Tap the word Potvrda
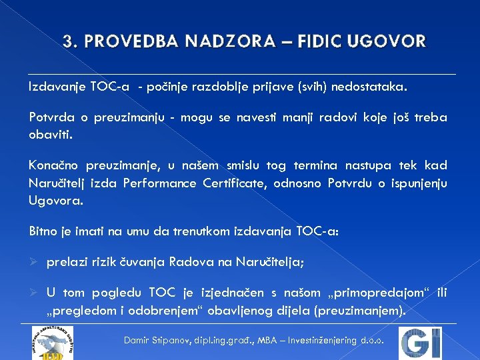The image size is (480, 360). [50, 118]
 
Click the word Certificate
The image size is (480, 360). [234, 183]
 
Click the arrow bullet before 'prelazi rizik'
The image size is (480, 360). [33, 263]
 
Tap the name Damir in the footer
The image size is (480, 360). [139, 340]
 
